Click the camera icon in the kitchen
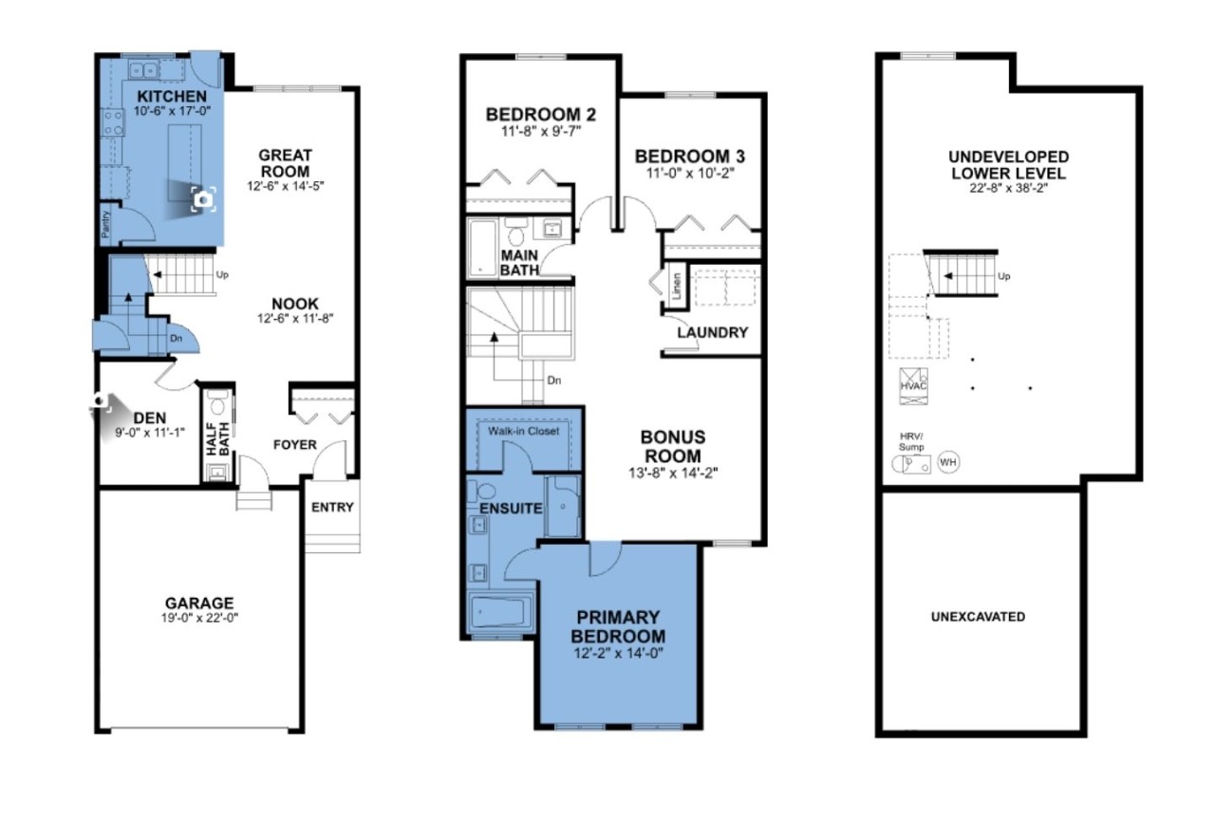pos(203,199)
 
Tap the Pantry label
pos(105,224)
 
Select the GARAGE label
pos(199,603)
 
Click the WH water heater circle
pos(947,463)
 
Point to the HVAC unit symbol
pos(913,386)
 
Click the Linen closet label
pos(676,286)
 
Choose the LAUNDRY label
pos(712,332)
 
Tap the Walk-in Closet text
pos(523,431)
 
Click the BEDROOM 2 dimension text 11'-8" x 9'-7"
pos(541,131)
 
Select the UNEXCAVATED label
pos(978,617)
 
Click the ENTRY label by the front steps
pos(332,507)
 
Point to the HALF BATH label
pos(218,438)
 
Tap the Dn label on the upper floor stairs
pos(553,381)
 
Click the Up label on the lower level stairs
pos(1004,277)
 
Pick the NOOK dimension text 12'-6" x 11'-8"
pos(295,319)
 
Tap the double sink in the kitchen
pos(143,70)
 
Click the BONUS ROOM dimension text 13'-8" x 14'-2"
pos(673,473)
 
